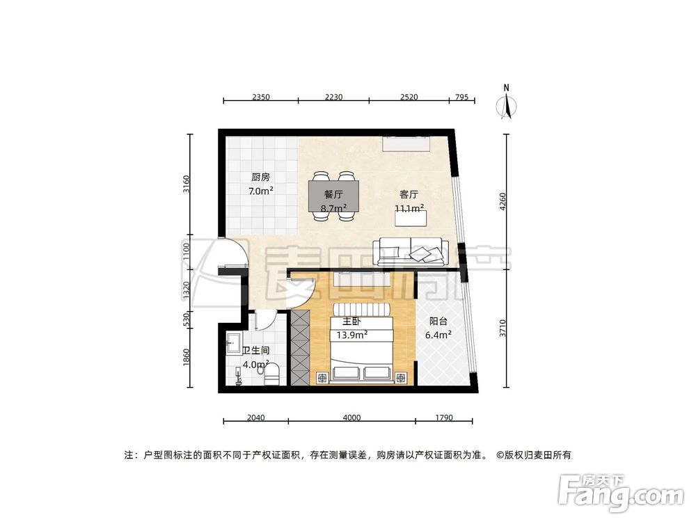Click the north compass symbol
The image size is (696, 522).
[508, 104]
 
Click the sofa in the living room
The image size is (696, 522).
[410, 251]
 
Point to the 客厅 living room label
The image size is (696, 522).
[409, 195]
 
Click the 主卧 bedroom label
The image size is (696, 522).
[350, 322]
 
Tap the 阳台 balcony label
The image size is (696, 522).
[438, 322]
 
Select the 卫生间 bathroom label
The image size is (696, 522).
[256, 350]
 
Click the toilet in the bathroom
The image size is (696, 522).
[271, 374]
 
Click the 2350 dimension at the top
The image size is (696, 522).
[260, 97]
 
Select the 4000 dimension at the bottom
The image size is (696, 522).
[352, 418]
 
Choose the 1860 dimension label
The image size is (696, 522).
[186, 356]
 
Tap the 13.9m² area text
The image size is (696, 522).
[352, 335]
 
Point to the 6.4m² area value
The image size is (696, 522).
[438, 335]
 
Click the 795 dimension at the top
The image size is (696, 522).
[462, 97]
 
